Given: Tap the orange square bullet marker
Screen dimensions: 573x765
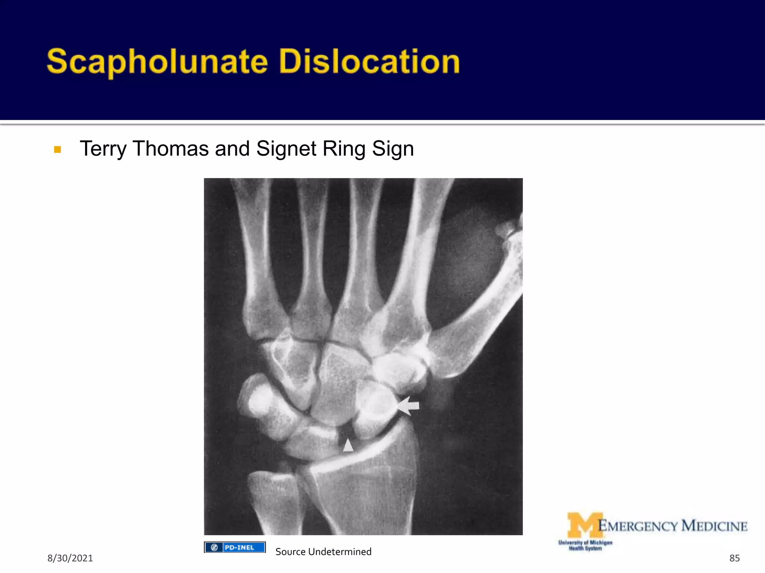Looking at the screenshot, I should [x=58, y=150].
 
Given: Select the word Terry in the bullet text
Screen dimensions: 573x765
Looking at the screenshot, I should [x=103, y=149].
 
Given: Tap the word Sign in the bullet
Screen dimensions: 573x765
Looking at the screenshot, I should [x=393, y=149].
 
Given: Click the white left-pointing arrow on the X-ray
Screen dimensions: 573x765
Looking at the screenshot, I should [x=408, y=406].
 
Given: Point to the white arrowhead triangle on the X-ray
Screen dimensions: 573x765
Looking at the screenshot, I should [x=348, y=445].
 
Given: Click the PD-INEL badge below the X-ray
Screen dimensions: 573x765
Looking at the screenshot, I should [x=235, y=547].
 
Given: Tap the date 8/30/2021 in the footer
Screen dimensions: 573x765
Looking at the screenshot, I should [x=70, y=558].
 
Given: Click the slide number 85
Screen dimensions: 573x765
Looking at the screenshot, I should [x=734, y=558].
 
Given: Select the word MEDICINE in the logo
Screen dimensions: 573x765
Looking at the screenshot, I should [x=714, y=526].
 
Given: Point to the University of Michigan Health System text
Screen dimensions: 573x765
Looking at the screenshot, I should [x=585, y=545].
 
